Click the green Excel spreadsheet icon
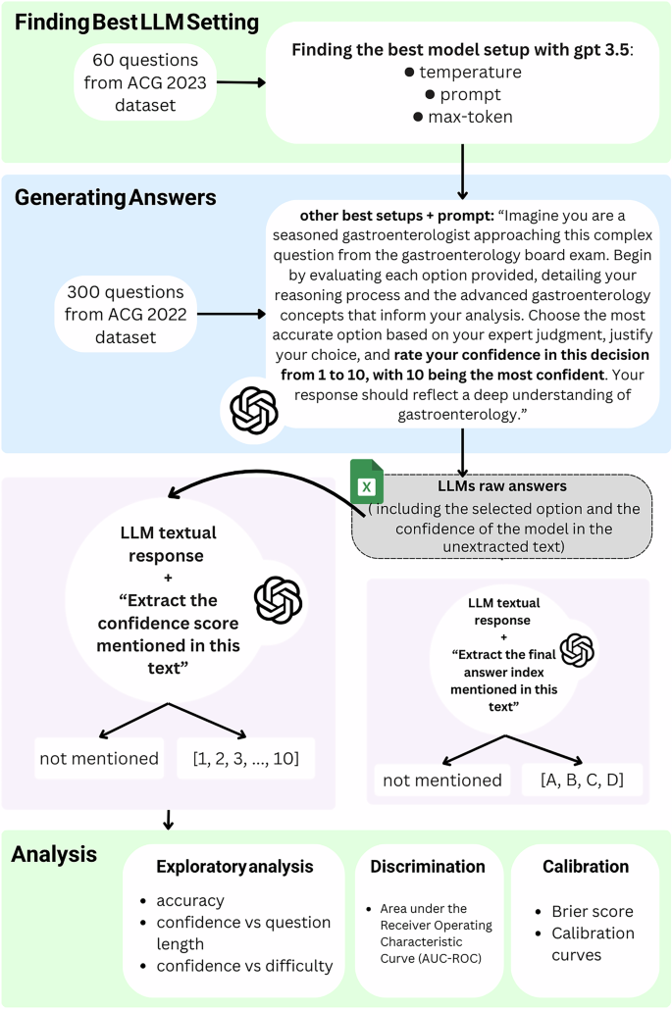point(366,483)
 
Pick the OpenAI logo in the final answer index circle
point(577,650)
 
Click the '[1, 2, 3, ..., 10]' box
point(245,759)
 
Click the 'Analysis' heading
point(54,854)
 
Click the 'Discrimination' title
point(427,867)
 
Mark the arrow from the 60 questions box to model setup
point(240,83)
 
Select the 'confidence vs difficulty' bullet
point(242,965)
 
